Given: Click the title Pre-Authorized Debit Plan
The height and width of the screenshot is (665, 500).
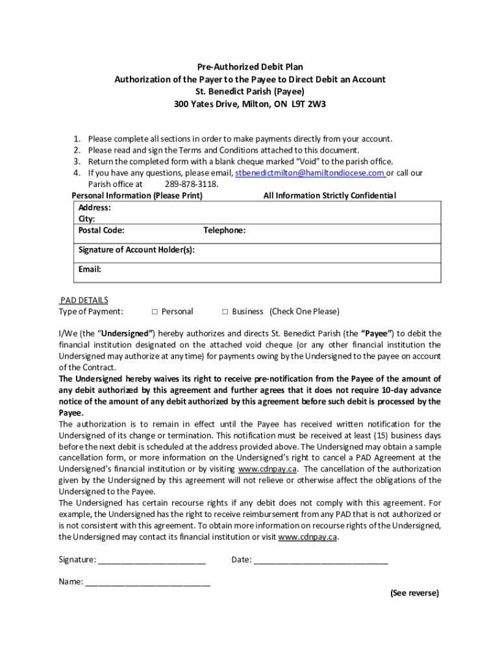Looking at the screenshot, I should coord(250,67).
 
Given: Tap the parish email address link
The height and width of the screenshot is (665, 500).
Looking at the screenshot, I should coord(309,173).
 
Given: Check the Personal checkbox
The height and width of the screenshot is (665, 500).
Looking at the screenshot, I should coord(155,312).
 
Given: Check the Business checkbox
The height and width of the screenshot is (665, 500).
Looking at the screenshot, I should coord(225,312).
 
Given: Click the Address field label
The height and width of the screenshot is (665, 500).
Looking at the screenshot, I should coord(94,208).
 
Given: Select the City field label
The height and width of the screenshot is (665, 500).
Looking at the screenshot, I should coord(86,220).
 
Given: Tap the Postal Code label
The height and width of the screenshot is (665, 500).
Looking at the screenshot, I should coord(101,231).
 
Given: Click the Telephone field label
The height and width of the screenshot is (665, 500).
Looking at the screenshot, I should coord(224,231).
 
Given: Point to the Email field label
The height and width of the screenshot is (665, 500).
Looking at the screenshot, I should coord(90,269).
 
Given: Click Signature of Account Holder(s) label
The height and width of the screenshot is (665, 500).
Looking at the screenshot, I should coord(136,250).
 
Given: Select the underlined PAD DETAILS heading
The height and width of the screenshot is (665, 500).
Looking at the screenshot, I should coord(84,300).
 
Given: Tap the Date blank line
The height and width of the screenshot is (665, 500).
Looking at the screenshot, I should coord(321,560).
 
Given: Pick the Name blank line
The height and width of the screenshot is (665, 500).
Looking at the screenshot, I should coord(147,583).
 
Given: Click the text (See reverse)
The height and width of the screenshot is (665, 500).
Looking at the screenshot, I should coord(414,594).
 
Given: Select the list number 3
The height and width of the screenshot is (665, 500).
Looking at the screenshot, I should coord(76,162).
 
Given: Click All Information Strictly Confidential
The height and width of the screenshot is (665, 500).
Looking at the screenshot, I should coord(329,196).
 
